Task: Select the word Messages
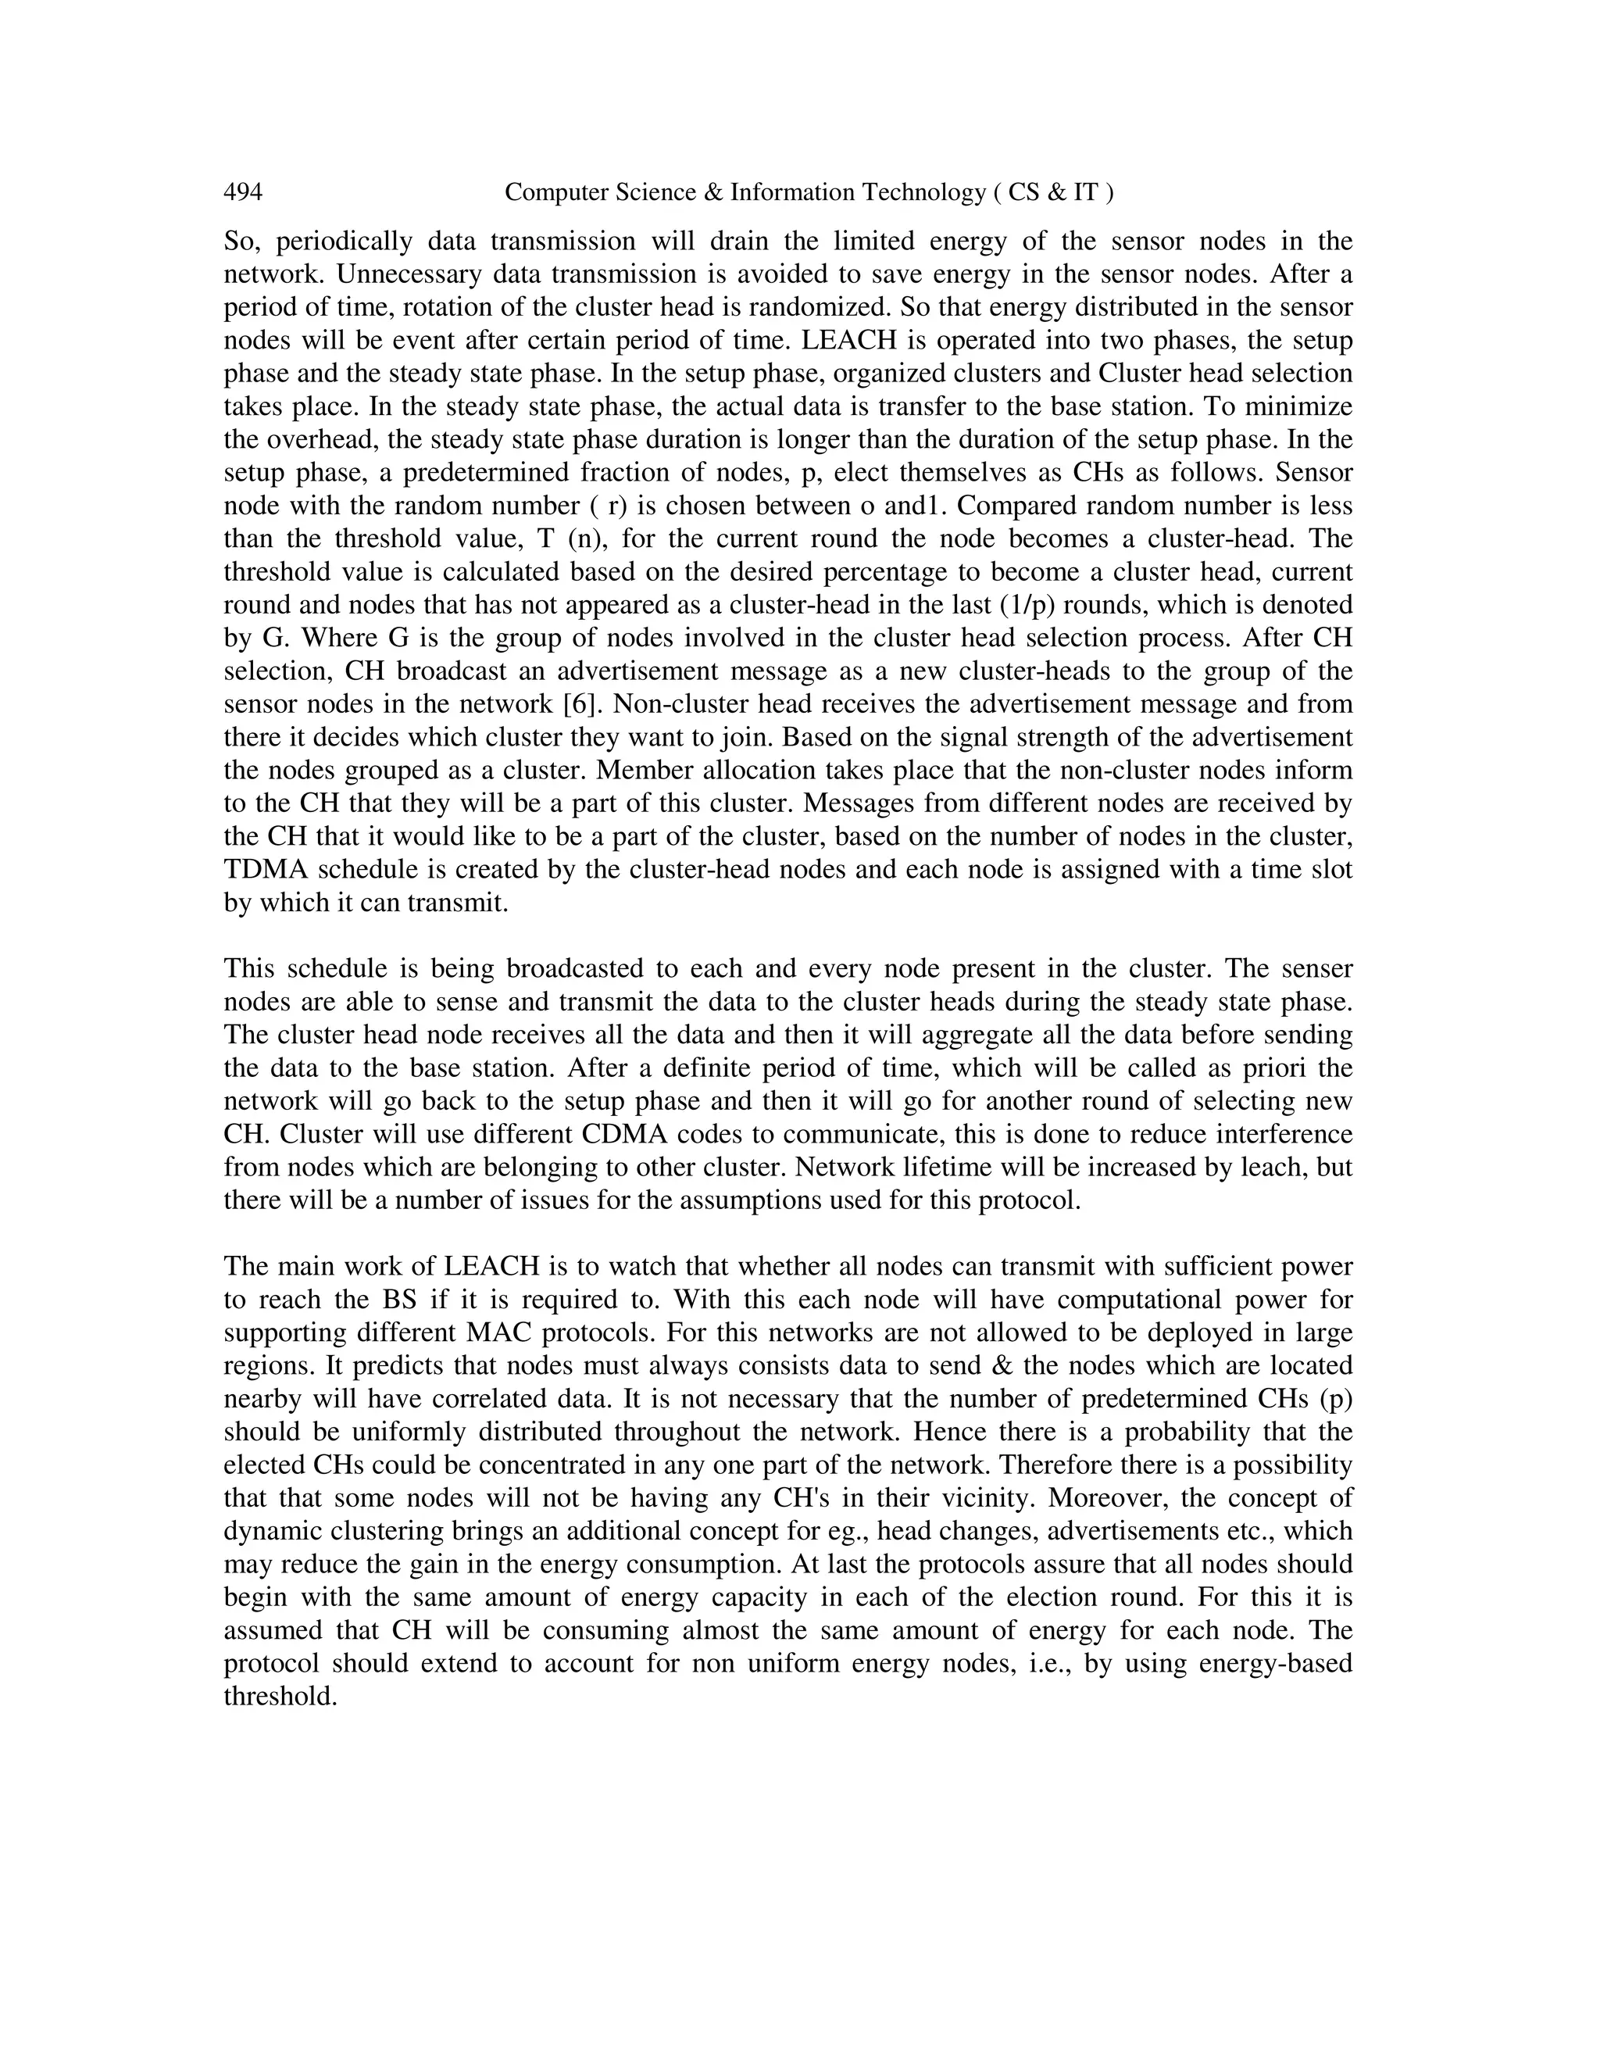point(863,803)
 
